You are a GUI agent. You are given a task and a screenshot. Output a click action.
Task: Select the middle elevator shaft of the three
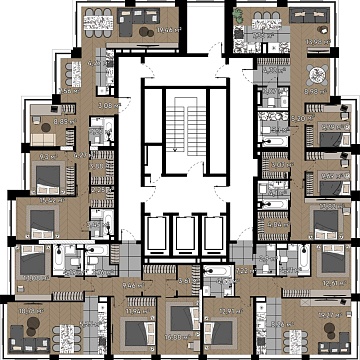point(180,236)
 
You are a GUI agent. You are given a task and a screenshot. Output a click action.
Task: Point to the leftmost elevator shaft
point(155,236)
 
